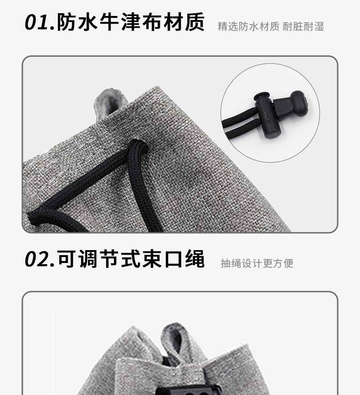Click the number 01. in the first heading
tap(40, 22)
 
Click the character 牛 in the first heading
tap(109, 22)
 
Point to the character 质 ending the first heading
tap(195, 22)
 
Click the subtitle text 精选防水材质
tap(248, 26)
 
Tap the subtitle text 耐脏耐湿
tap(303, 26)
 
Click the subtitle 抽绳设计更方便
tap(257, 263)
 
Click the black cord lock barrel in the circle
tap(264, 115)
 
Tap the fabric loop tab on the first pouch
tap(110, 102)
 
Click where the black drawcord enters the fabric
tap(138, 145)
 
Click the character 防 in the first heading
tap(67, 22)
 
